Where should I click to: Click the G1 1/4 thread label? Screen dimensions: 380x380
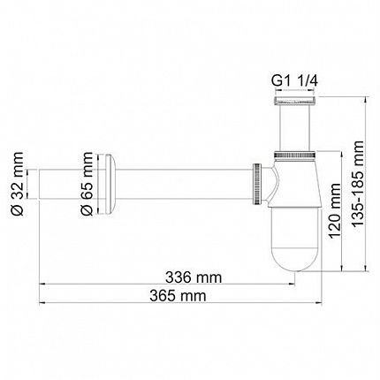click(294, 80)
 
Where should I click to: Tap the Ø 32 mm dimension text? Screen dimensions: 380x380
click(17, 184)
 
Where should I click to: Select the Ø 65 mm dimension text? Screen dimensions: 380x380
click(87, 184)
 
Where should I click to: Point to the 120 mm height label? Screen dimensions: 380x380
click(334, 211)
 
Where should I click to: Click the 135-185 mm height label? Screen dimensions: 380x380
click(358, 184)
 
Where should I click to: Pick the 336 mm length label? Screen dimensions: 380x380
click(194, 277)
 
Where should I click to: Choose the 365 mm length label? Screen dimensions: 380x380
click(178, 296)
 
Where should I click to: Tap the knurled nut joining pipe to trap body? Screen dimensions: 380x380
click(257, 183)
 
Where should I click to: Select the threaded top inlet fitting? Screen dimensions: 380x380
click(295, 100)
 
